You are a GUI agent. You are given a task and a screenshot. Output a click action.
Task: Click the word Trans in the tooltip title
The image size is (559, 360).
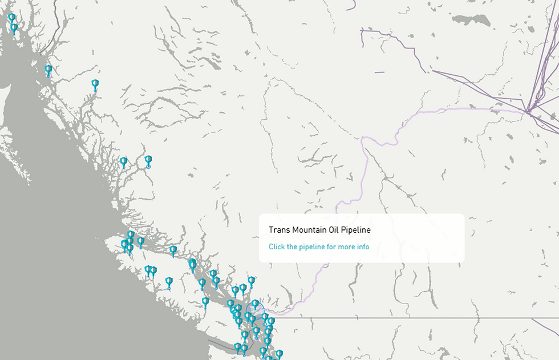(x=279, y=230)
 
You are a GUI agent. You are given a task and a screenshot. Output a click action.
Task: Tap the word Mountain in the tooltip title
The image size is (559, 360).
(x=310, y=230)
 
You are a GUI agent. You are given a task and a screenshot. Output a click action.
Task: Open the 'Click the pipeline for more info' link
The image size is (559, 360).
(x=319, y=247)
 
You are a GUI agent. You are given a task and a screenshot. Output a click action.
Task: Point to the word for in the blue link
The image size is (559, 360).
(x=331, y=247)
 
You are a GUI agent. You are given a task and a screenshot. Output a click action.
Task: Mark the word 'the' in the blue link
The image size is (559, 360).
(x=292, y=247)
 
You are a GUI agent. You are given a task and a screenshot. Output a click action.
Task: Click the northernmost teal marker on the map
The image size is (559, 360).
(x=11, y=18)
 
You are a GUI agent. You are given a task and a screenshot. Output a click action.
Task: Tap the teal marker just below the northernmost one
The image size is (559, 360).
(x=14, y=27)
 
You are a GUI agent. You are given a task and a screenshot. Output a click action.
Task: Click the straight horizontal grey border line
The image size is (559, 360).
(x=411, y=318)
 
